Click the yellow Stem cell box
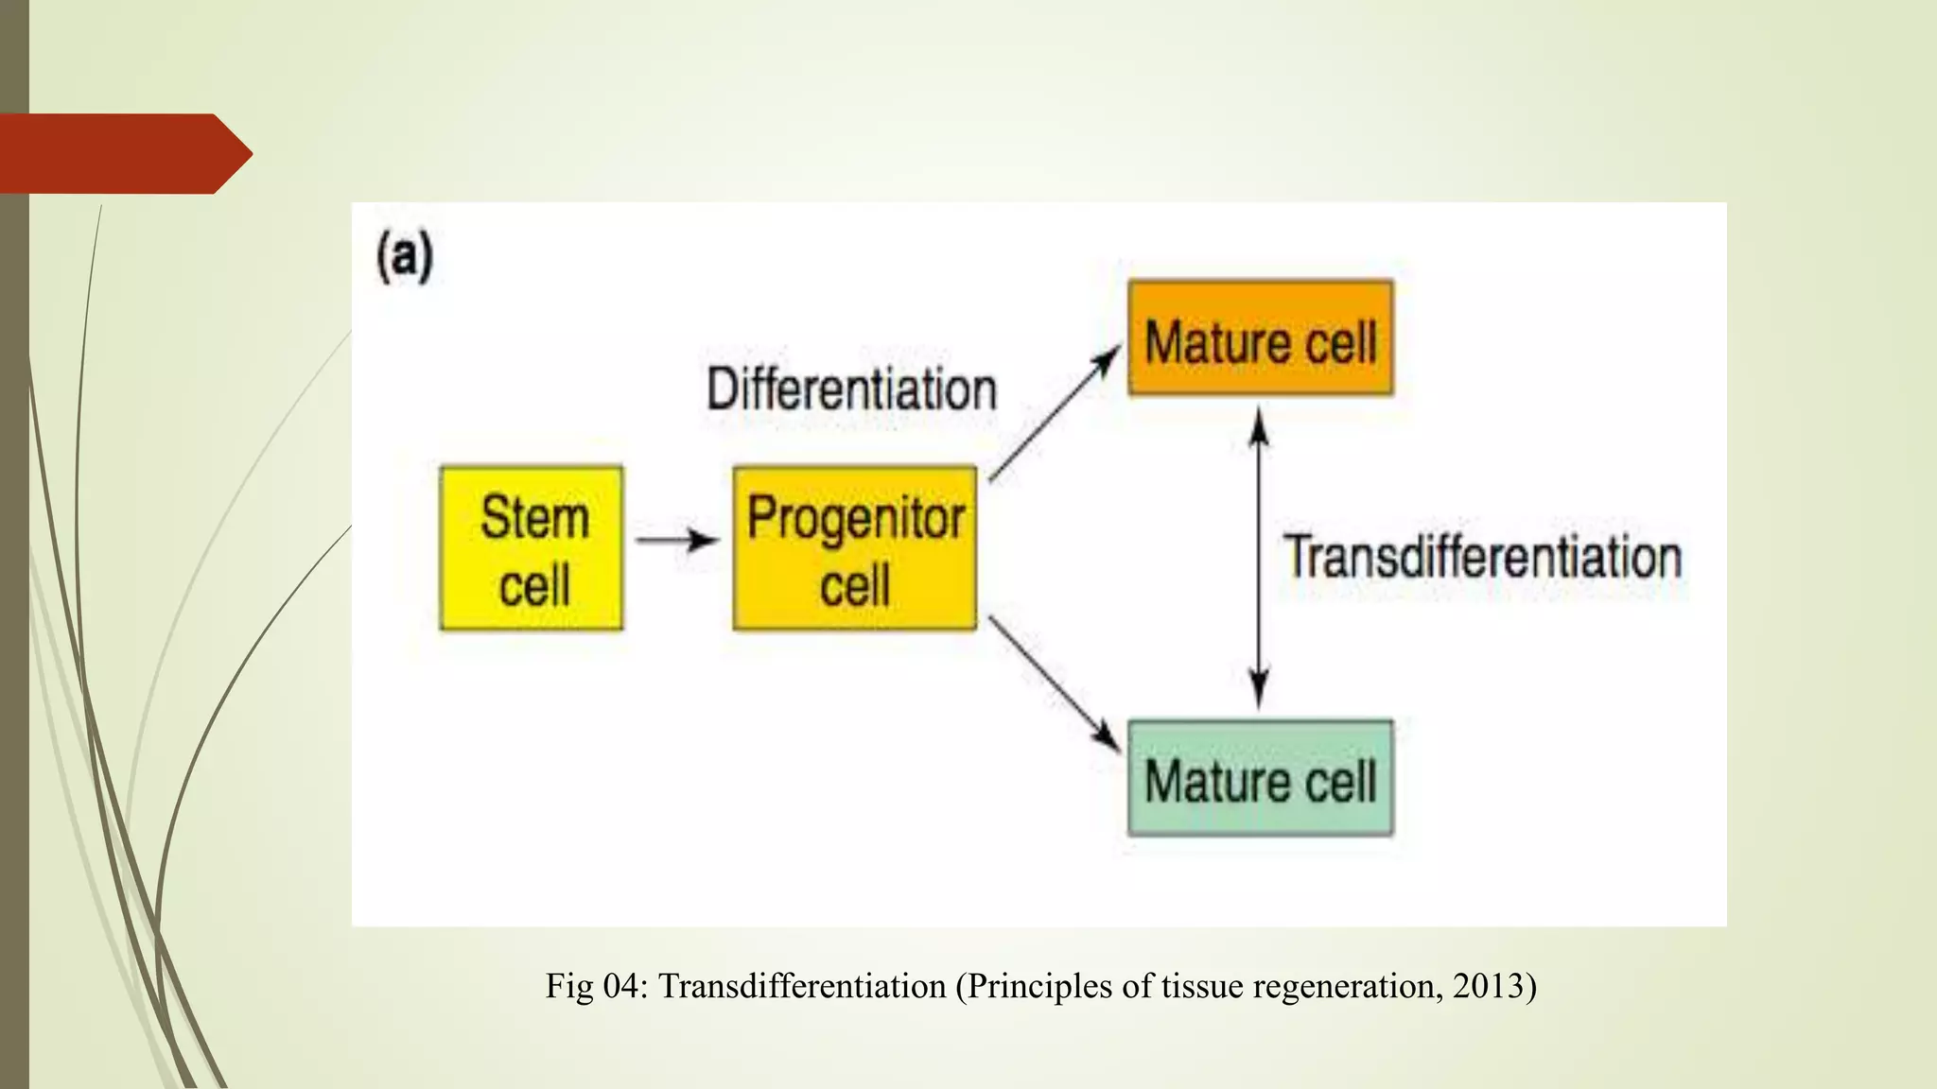pyautogui.click(x=532, y=548)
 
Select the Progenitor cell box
pyautogui.click(x=855, y=548)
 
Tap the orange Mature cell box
pyautogui.click(x=1260, y=338)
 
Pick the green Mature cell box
pyautogui.click(x=1260, y=779)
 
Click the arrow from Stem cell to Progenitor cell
pyautogui.click(x=676, y=540)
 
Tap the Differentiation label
pyautogui.click(x=851, y=389)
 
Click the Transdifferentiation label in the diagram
pyautogui.click(x=1482, y=557)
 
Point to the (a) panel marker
pyautogui.click(x=405, y=256)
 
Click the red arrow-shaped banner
pyautogui.click(x=123, y=153)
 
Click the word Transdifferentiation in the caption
pyautogui.click(x=802, y=986)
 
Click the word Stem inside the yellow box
pyautogui.click(x=534, y=517)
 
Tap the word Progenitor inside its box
pyautogui.click(x=855, y=519)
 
